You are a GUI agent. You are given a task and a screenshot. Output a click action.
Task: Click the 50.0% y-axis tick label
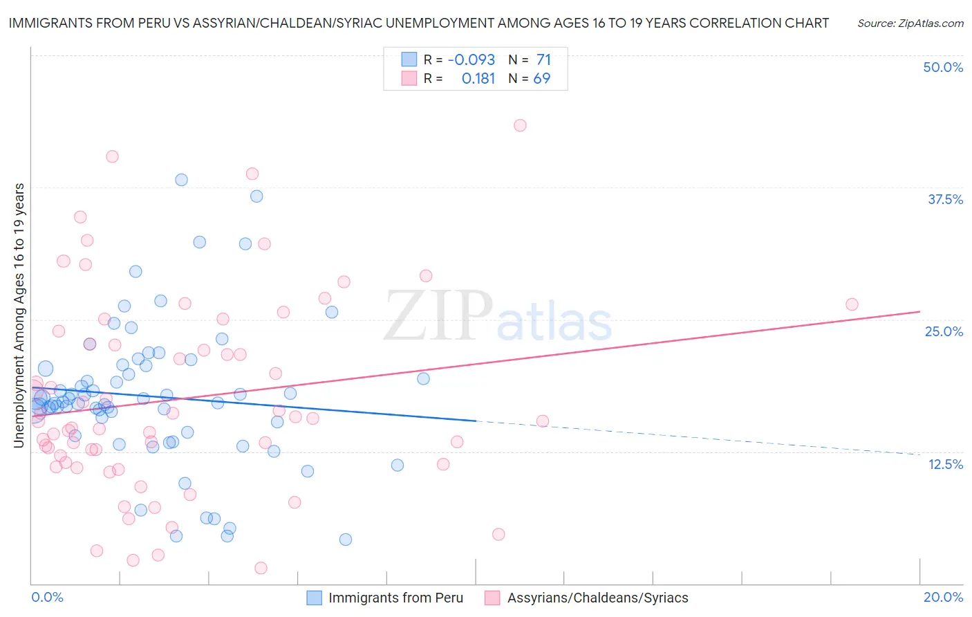(943, 67)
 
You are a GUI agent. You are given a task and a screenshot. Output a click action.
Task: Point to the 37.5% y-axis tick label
(945, 199)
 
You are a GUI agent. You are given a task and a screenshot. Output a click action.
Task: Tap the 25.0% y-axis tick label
(944, 331)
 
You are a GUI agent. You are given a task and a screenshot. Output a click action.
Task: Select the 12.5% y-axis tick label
(945, 464)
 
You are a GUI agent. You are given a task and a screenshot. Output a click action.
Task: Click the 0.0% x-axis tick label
(47, 597)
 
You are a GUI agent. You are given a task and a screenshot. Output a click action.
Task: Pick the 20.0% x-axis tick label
(943, 597)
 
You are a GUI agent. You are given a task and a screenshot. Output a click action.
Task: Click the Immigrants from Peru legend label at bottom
(395, 598)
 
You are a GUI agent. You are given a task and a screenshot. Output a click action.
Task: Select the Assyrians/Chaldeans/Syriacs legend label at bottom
(597, 598)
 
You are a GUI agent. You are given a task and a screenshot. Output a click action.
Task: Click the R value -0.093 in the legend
(471, 59)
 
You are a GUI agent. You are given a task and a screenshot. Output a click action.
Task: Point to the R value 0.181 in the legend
(478, 78)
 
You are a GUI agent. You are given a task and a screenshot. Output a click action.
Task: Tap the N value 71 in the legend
(543, 59)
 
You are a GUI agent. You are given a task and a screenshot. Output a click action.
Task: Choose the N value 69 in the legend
(542, 78)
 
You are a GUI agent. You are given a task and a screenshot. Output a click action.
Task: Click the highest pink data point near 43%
(520, 125)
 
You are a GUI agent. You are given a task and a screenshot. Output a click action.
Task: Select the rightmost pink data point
(852, 304)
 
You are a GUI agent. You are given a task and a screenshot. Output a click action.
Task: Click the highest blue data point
(181, 180)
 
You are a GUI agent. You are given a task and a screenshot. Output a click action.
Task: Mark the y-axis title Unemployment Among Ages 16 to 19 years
(19, 315)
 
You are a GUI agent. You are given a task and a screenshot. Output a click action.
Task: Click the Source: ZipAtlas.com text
(910, 23)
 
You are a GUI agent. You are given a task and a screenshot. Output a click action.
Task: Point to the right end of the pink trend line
(919, 311)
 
